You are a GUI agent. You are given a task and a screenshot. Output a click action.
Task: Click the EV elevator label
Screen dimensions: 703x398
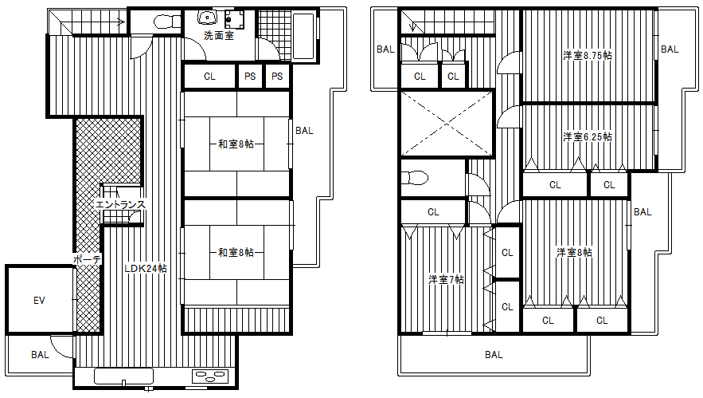point(40,300)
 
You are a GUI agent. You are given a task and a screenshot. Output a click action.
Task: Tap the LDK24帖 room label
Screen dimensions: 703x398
point(146,269)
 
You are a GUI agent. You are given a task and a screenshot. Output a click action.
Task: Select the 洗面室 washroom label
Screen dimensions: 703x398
point(219,35)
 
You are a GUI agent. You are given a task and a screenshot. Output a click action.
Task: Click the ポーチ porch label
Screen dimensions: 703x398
point(87,259)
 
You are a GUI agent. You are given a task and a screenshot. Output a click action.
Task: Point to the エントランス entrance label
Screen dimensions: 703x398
point(120,204)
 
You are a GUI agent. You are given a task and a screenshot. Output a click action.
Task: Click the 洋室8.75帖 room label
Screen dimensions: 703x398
point(588,56)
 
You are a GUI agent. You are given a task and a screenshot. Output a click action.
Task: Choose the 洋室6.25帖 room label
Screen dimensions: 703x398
point(588,136)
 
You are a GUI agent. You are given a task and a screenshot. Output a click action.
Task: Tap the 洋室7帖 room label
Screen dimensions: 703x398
point(446,279)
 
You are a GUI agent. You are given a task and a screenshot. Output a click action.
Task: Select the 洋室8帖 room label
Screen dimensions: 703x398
point(574,253)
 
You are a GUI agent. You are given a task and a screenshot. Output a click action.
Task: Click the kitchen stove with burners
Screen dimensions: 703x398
point(210,376)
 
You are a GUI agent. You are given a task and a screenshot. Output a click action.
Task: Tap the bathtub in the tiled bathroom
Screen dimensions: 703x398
point(304,35)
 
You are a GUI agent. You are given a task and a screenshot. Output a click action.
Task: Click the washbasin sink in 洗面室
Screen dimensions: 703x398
point(207,18)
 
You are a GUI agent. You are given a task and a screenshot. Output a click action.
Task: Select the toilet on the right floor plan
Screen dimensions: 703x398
point(414,178)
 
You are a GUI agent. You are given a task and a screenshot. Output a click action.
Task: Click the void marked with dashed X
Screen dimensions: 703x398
point(447,124)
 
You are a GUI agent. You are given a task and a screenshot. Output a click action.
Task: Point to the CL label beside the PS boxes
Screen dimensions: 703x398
point(209,77)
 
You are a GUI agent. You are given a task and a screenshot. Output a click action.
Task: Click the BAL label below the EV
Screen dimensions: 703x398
point(40,355)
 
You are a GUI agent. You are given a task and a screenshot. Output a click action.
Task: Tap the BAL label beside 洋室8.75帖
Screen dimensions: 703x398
point(670,49)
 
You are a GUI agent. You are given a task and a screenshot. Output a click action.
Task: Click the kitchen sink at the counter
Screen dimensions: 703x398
point(123,376)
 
